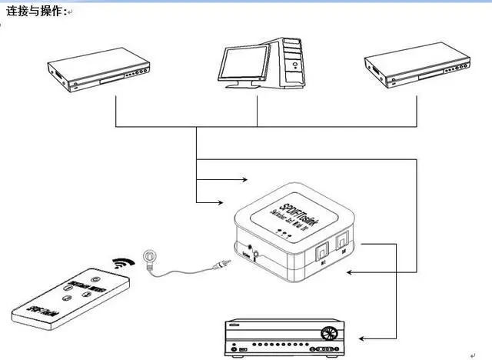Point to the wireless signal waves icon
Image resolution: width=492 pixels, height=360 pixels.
[x=121, y=265]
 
